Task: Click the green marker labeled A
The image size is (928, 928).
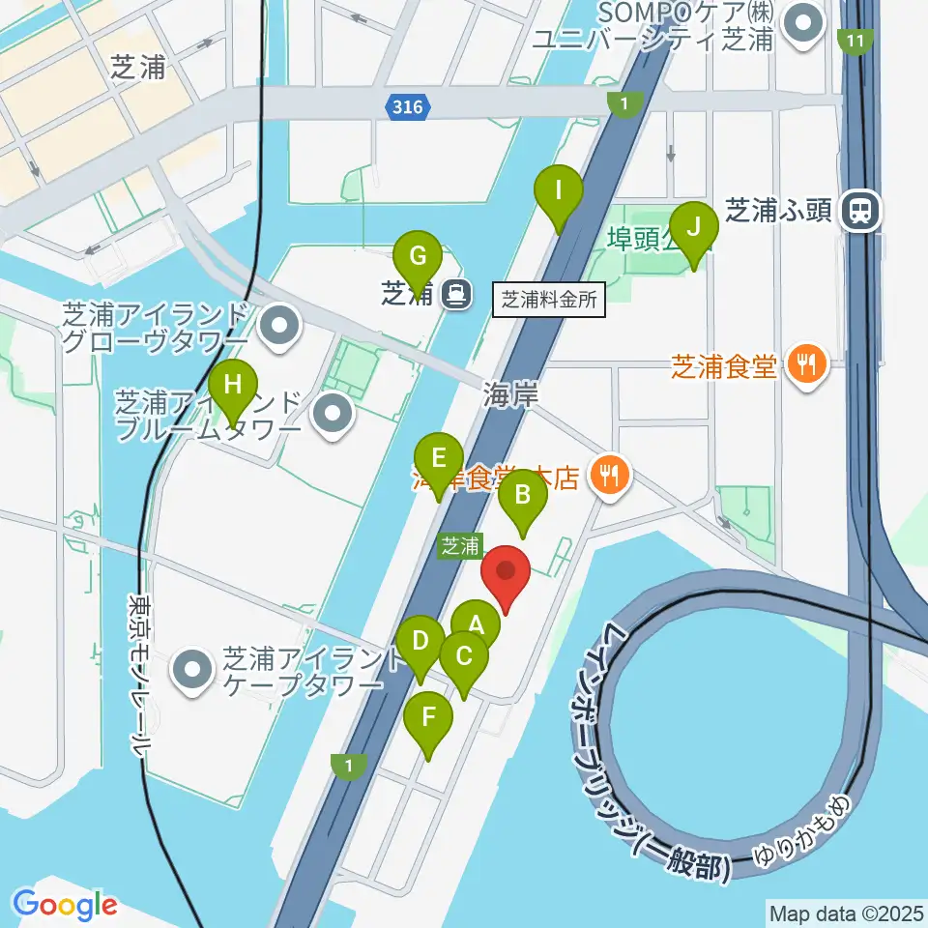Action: click(476, 622)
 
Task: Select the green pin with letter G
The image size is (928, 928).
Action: click(419, 256)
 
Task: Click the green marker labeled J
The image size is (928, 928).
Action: click(693, 228)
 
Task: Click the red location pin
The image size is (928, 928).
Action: click(506, 573)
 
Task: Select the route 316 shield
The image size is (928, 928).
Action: click(408, 107)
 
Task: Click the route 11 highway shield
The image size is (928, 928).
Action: click(855, 42)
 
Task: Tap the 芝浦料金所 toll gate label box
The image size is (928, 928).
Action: click(550, 300)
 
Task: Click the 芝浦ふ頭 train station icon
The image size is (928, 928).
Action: click(856, 211)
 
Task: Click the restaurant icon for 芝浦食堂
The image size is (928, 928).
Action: click(804, 364)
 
